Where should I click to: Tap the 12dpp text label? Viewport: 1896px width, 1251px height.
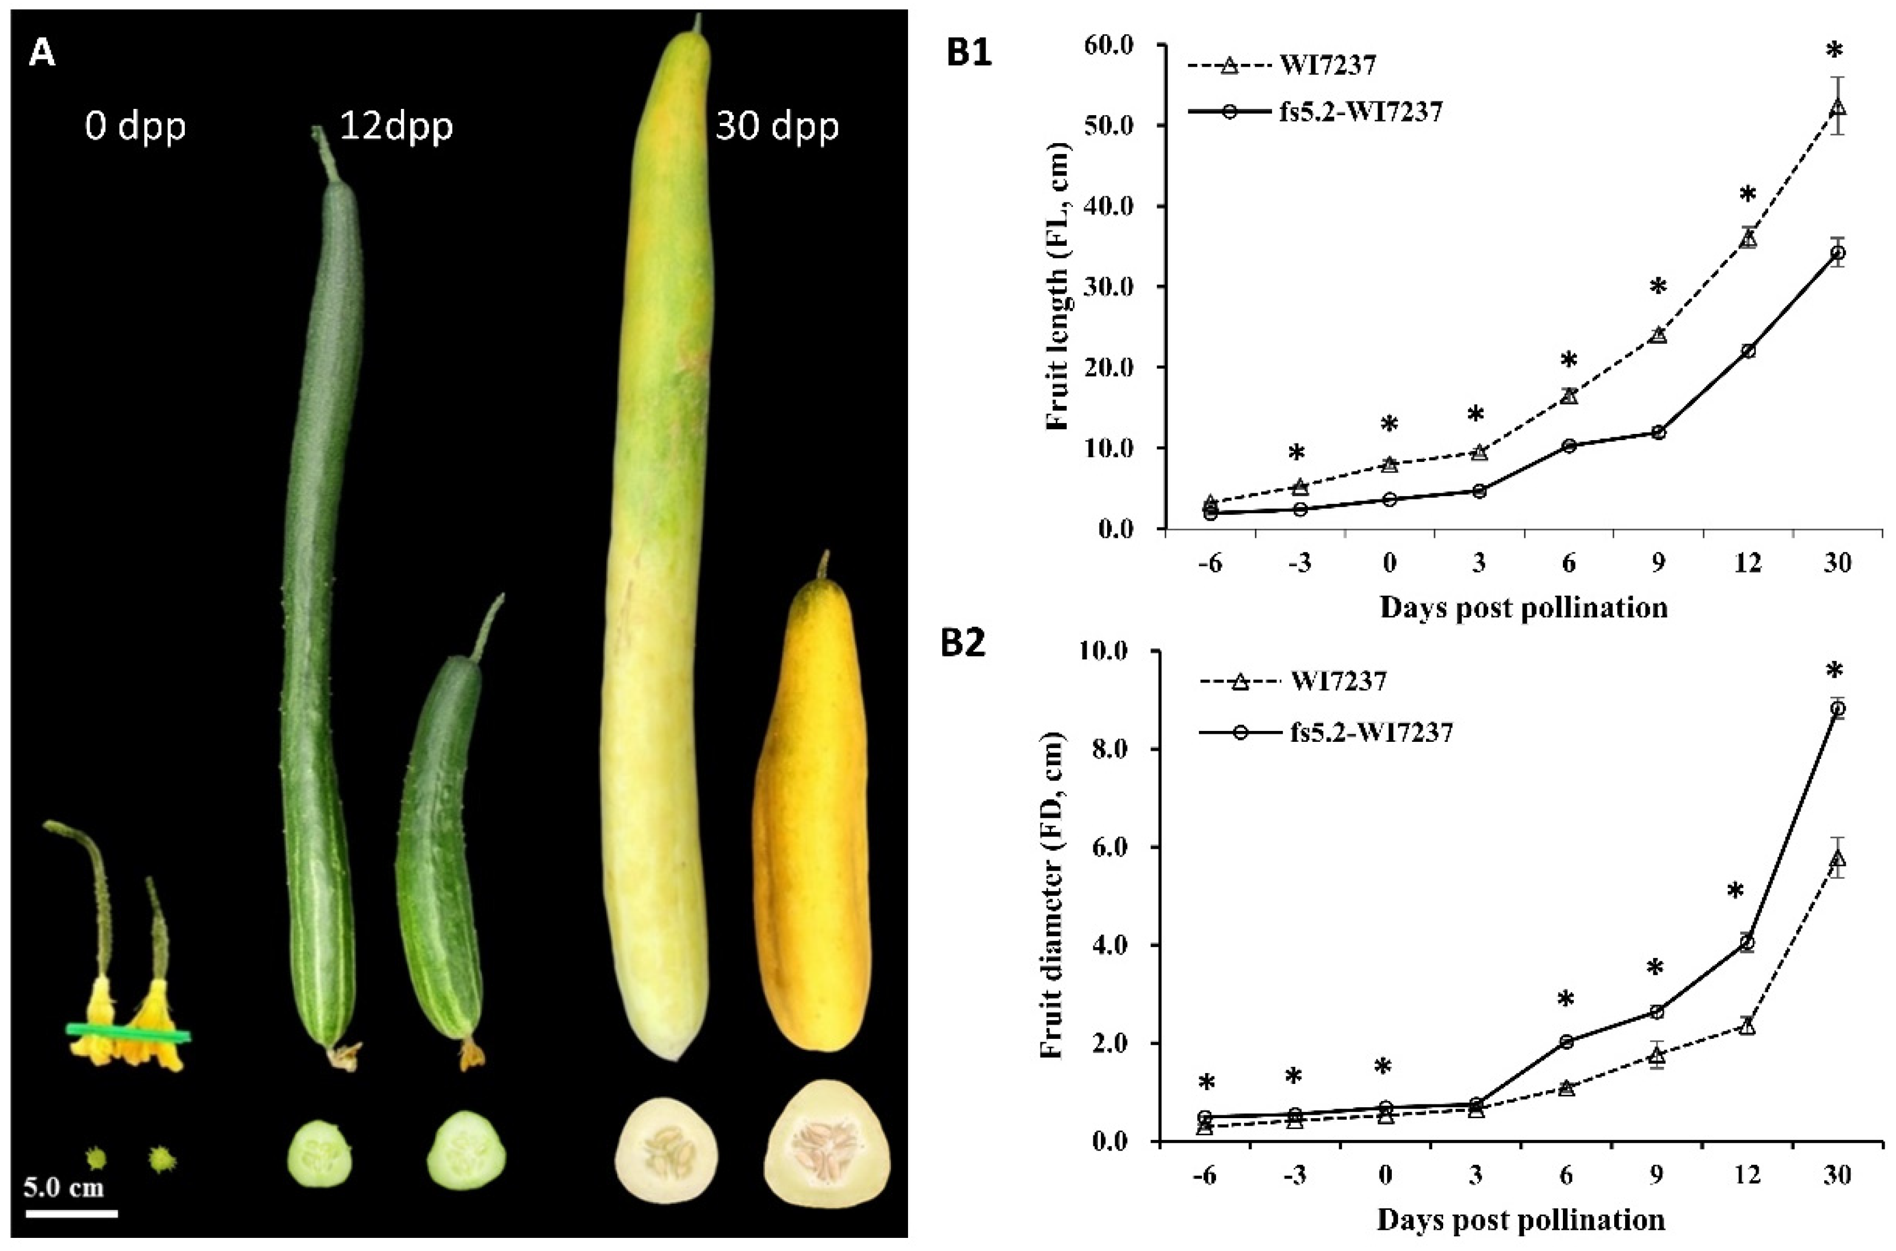click(x=396, y=126)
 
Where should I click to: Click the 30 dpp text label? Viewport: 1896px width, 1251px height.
click(x=776, y=126)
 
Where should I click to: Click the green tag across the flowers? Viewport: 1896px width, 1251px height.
click(x=128, y=1033)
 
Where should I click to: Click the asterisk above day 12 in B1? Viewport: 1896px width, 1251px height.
click(x=1741, y=194)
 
